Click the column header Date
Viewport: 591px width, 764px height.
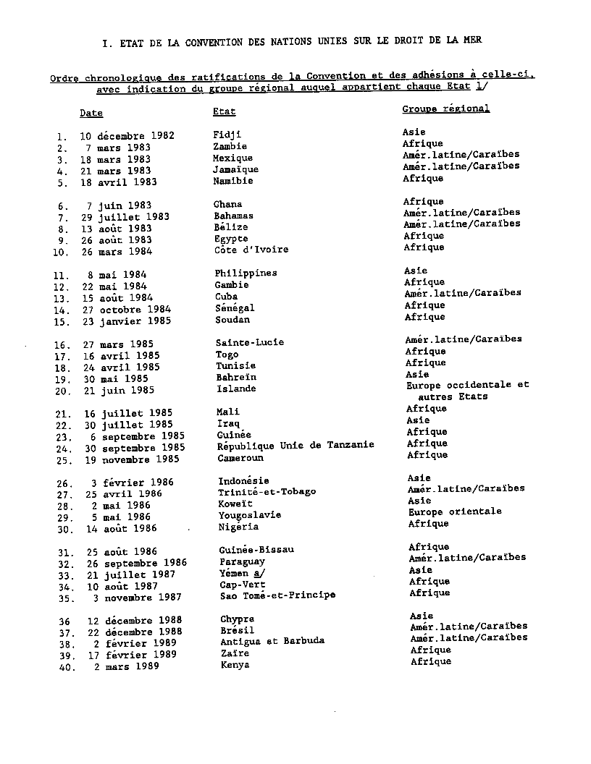click(x=91, y=113)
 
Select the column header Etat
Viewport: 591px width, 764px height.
click(x=224, y=111)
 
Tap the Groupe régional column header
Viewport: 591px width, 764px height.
click(x=446, y=109)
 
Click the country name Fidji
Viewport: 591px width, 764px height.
click(x=227, y=135)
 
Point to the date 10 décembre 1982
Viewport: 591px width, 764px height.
click(x=127, y=136)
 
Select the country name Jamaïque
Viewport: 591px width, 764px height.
click(x=235, y=169)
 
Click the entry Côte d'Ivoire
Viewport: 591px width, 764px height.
click(x=251, y=250)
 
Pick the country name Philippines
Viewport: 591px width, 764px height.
click(x=246, y=273)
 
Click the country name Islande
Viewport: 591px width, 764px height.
click(x=235, y=389)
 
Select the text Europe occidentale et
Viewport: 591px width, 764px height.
click(x=467, y=386)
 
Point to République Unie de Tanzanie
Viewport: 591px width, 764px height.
click(x=295, y=445)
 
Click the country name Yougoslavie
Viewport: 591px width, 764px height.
click(x=249, y=515)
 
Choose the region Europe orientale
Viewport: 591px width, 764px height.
click(x=454, y=512)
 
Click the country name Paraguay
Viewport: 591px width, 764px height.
click(x=242, y=561)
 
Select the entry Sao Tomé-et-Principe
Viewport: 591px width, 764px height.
click(x=277, y=595)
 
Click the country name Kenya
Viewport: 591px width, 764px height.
click(x=235, y=665)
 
